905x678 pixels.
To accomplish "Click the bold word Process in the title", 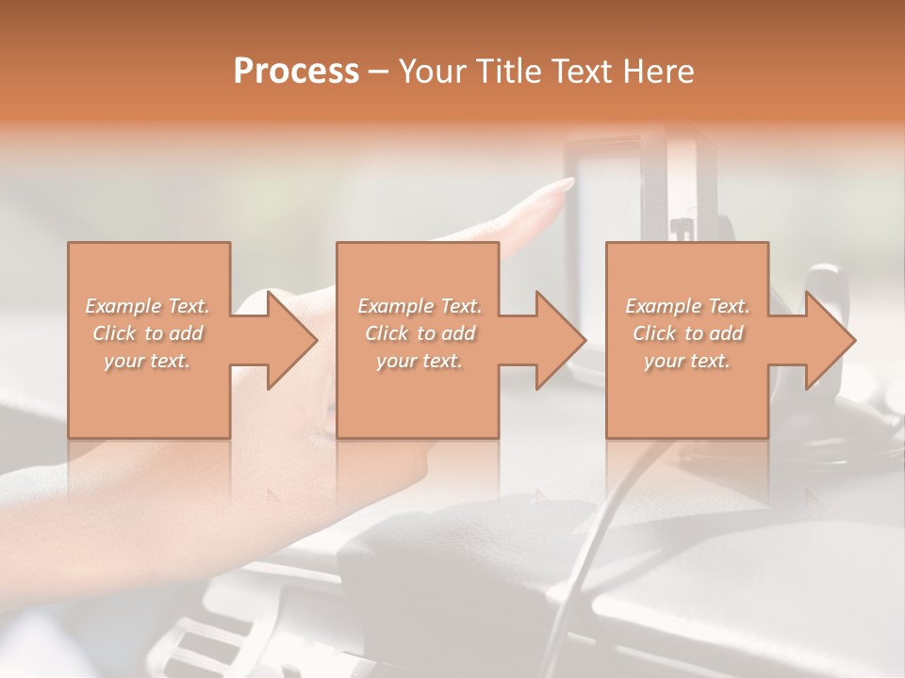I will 296,72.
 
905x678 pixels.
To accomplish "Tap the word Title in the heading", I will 507,72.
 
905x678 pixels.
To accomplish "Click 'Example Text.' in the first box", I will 148,306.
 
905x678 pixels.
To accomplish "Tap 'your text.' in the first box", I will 148,361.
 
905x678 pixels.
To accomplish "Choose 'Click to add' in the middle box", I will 420,333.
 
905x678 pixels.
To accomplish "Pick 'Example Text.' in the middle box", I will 420,306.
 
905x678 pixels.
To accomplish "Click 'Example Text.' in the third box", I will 687,306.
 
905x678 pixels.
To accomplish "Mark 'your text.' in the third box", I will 687,361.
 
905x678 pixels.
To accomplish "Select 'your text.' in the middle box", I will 420,361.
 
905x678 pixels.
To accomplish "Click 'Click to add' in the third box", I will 687,333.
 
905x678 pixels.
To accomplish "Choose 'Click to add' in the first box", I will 148,333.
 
